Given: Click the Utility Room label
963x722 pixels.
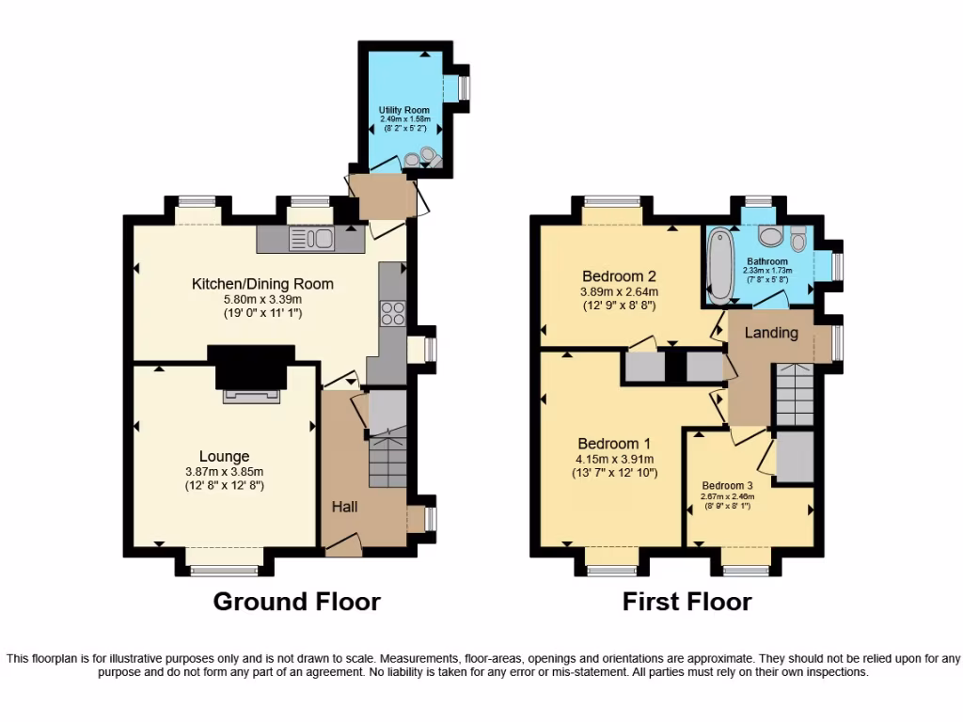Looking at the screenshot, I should pos(404,110).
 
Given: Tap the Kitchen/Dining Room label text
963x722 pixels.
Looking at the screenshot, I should pos(262,284).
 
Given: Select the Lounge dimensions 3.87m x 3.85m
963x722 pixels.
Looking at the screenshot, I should pos(224,472).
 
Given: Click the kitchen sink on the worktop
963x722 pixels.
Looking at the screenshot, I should pos(311,240).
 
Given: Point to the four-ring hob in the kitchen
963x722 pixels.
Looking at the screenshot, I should pos(392,312).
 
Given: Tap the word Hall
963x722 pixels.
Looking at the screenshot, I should pos(344,507).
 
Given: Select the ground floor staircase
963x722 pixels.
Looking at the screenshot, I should pos(386,462).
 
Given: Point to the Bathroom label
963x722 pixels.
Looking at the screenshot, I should pos(767,261).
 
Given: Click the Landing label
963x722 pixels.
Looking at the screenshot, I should pos(771,333).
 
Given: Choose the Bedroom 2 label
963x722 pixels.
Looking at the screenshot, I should pos(618,276).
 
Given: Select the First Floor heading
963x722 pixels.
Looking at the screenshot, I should pos(687,602).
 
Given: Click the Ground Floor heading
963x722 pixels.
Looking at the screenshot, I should pos(296,602).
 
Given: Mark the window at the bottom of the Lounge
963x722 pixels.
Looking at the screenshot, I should pos(223,568).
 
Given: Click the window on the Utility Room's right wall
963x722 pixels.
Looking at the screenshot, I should pos(464,87).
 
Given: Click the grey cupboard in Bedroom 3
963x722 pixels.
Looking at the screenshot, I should pos(796,458).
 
